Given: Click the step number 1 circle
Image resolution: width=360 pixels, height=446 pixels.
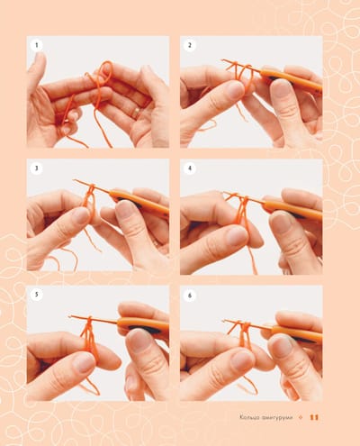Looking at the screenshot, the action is pyautogui.click(x=37, y=45).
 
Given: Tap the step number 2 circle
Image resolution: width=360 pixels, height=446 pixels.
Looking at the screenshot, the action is pyautogui.click(x=190, y=45).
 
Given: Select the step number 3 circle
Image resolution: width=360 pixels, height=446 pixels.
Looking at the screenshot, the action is pyautogui.click(x=37, y=168).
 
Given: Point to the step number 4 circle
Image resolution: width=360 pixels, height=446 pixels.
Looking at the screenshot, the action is pyautogui.click(x=190, y=168).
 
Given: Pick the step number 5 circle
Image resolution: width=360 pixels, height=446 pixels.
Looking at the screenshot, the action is pyautogui.click(x=37, y=295).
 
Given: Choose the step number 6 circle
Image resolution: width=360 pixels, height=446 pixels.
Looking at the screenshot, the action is pyautogui.click(x=190, y=296).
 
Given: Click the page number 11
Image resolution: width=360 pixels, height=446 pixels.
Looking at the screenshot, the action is pyautogui.click(x=314, y=417).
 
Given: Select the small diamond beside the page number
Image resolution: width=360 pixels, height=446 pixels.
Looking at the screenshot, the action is pyautogui.click(x=301, y=417).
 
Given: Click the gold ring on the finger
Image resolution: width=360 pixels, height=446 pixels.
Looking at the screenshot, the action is pyautogui.click(x=137, y=113).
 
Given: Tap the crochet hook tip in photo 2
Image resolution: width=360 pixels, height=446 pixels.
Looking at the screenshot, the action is pyautogui.click(x=222, y=61).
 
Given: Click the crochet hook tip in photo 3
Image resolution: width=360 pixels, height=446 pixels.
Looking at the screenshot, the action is pyautogui.click(x=75, y=180).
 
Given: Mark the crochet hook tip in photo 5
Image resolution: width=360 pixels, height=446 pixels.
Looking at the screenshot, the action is pyautogui.click(x=70, y=316).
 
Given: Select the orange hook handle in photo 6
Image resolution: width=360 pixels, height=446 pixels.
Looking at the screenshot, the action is pyautogui.click(x=296, y=332).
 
